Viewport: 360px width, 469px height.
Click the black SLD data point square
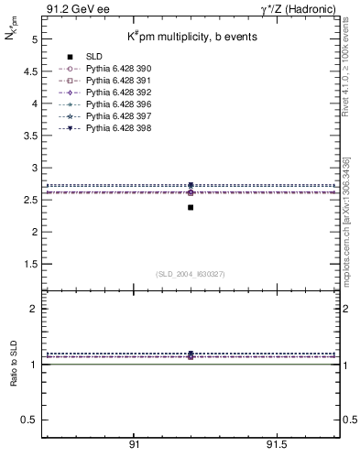[x=191, y=207]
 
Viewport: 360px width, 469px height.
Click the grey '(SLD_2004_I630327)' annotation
[x=191, y=274]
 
